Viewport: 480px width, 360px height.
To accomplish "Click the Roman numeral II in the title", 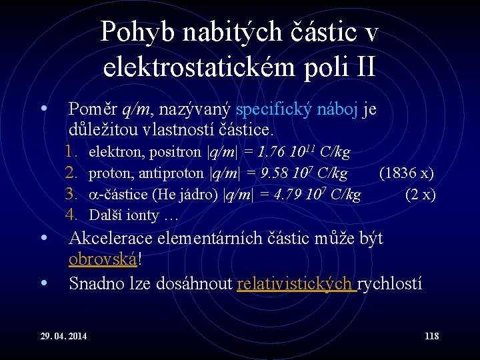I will click(x=361, y=66).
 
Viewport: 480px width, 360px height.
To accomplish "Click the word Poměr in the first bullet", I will click(x=93, y=109).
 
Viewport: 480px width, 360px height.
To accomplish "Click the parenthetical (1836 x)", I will click(x=406, y=173).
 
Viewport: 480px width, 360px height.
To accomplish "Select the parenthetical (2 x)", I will click(x=420, y=195).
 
